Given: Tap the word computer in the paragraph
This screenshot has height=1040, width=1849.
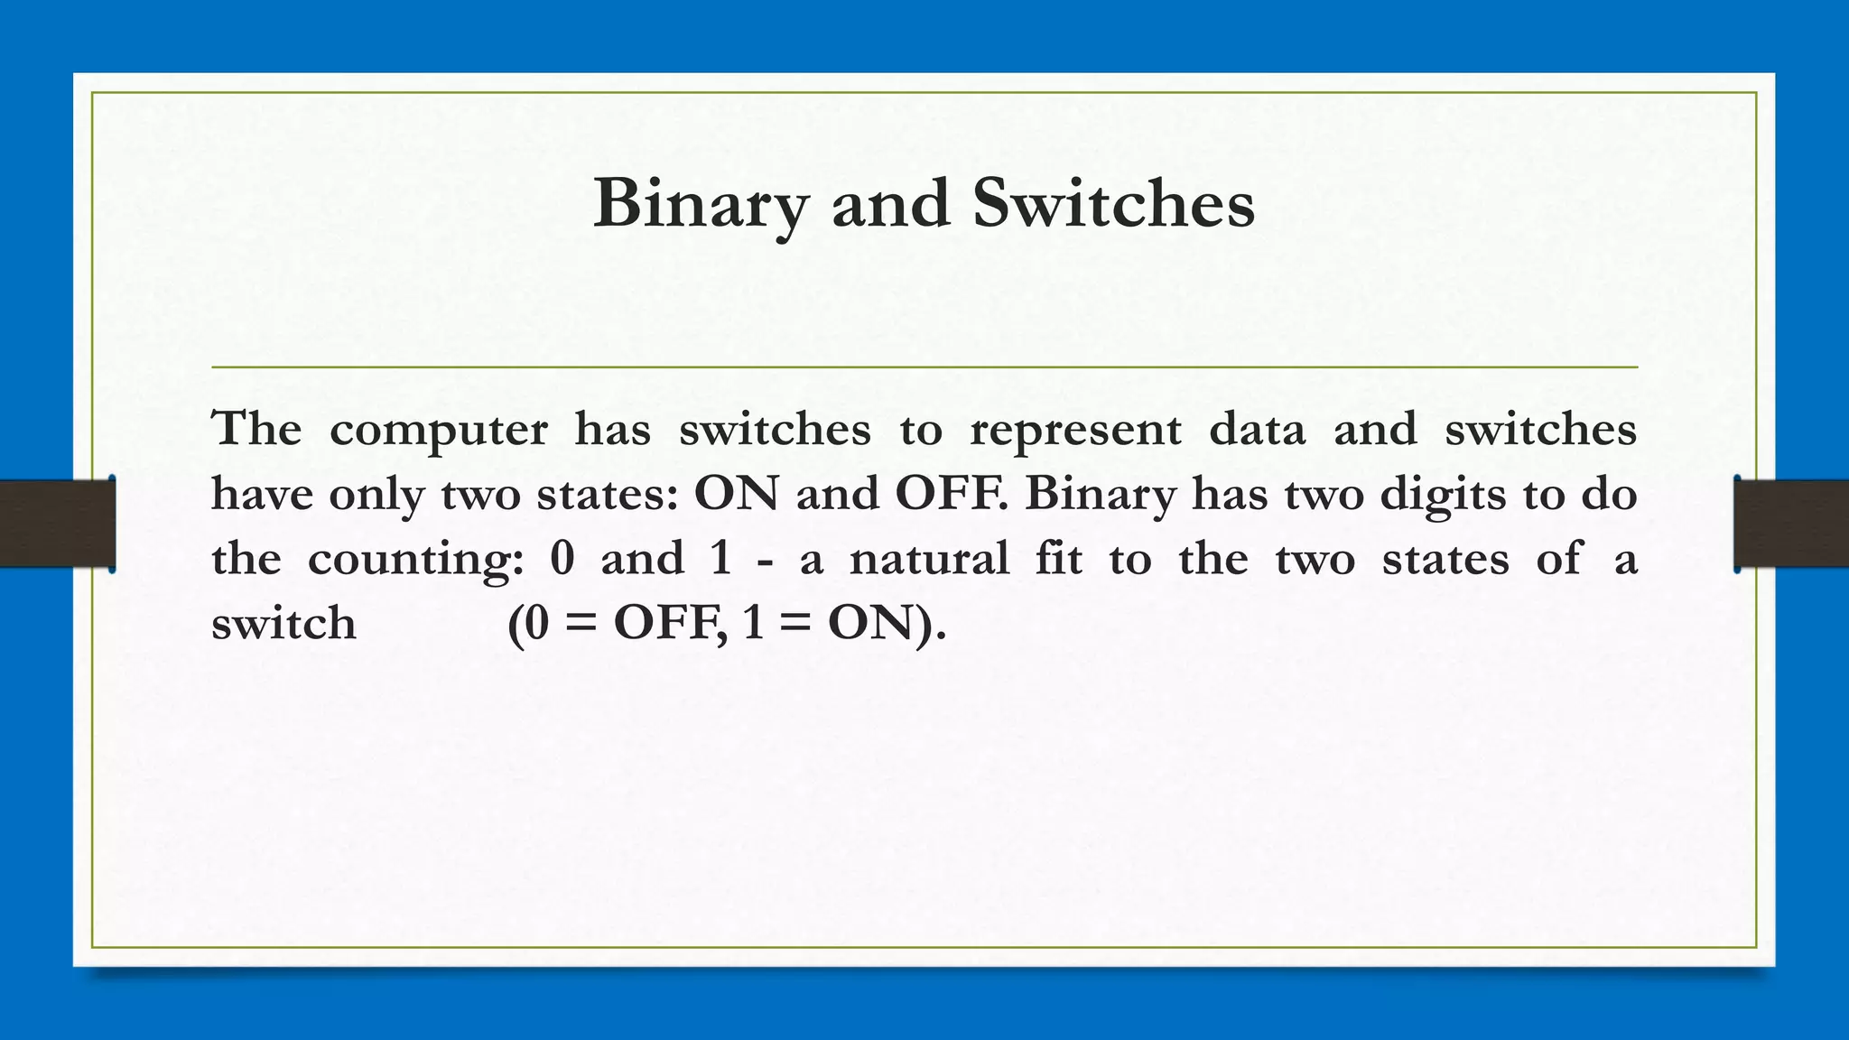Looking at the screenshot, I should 438,430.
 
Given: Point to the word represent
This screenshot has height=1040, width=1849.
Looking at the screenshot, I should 1074,430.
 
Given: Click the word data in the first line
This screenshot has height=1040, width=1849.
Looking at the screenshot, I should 1257,429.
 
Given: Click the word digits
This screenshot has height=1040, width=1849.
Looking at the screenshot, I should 1443,495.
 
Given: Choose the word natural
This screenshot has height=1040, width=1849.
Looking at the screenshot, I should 929,559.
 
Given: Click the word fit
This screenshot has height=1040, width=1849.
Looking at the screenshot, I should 1058,558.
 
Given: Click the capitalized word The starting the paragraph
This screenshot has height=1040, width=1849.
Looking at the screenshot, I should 256,429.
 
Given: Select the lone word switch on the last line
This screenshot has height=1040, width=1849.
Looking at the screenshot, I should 283,624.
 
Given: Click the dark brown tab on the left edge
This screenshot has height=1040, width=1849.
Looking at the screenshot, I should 57,524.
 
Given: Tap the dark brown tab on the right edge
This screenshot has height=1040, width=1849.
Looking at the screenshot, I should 1791,524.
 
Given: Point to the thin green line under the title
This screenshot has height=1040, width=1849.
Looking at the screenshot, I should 924,367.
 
